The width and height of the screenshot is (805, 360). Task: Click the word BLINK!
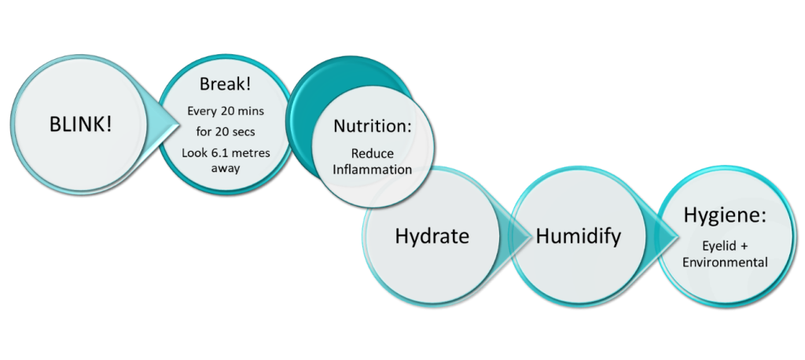(x=80, y=124)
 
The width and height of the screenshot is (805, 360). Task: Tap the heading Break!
(x=226, y=83)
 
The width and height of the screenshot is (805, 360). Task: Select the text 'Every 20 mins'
(x=226, y=111)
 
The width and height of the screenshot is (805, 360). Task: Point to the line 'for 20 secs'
(x=226, y=132)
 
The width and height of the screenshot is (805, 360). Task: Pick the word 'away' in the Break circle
(x=226, y=168)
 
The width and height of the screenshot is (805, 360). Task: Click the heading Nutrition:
(x=373, y=126)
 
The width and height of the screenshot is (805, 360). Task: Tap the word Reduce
(x=373, y=153)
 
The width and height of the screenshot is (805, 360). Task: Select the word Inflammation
(x=372, y=170)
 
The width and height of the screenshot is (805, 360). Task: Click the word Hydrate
(x=432, y=237)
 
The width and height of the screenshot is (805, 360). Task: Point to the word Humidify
(x=579, y=237)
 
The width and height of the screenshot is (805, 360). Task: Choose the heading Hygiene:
(x=724, y=215)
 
